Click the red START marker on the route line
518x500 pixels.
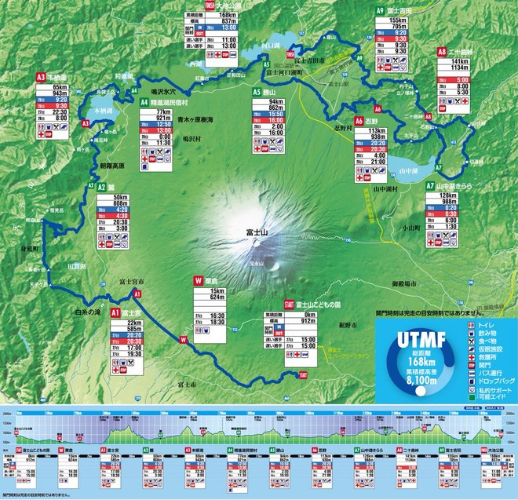(x=303, y=375)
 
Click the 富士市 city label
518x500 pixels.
(x=188, y=384)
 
